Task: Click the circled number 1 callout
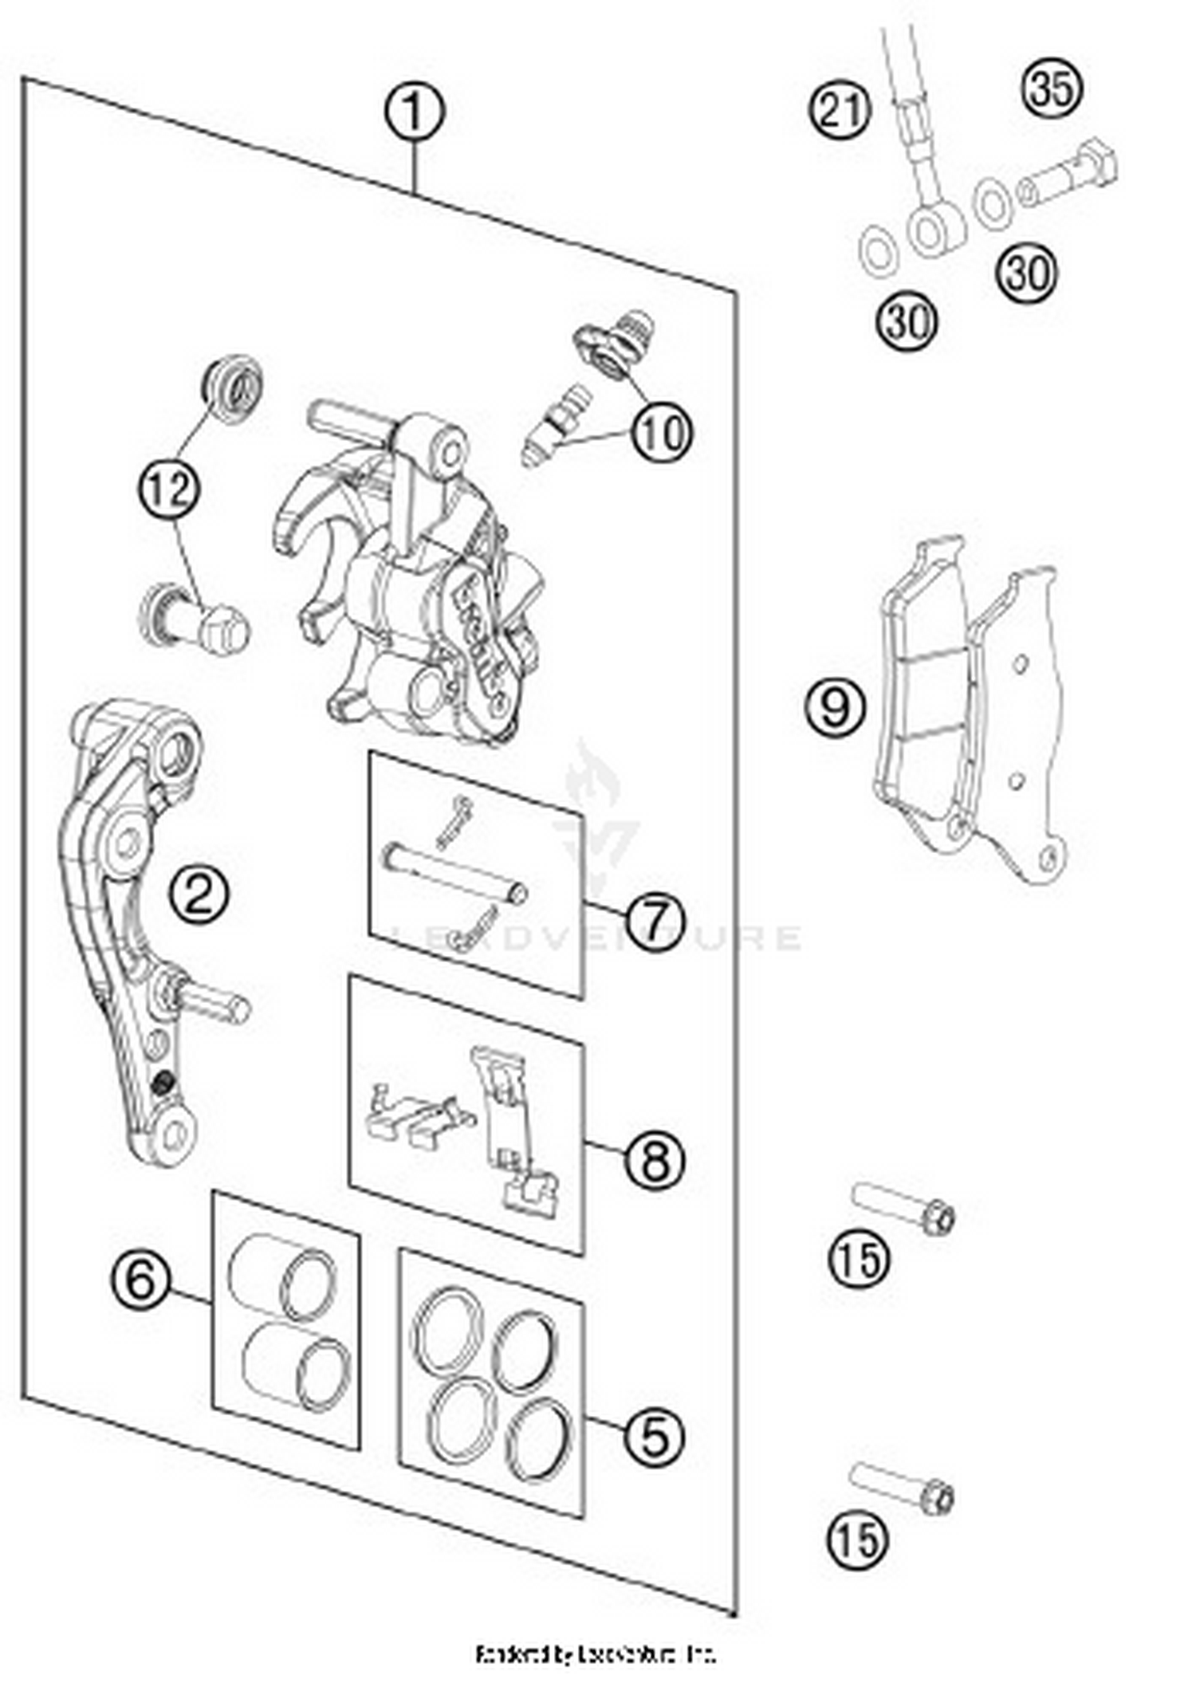tap(414, 112)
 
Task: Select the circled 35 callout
tap(1052, 88)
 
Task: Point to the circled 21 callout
tap(840, 110)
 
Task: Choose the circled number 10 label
tap(662, 434)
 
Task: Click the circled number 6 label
tap(140, 1281)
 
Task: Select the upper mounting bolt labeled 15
tap(904, 1209)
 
